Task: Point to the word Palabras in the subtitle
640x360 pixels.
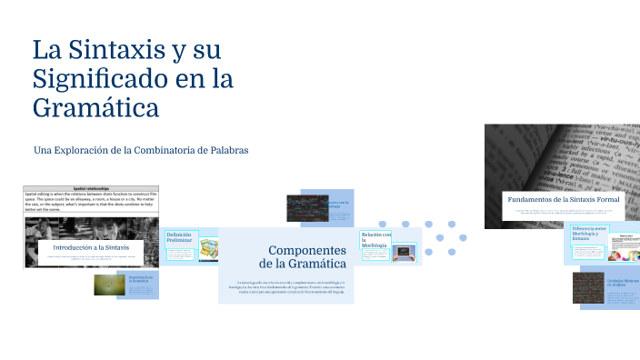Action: pos(225,149)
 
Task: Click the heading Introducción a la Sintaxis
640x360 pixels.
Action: pos(91,247)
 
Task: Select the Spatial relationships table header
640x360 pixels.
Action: pos(91,187)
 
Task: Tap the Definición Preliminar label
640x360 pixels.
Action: pos(179,237)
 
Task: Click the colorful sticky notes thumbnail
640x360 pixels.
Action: pos(209,249)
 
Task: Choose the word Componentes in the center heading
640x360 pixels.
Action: pos(307,249)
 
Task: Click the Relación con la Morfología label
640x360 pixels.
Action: pos(375,240)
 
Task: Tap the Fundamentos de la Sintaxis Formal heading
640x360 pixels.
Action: pos(563,198)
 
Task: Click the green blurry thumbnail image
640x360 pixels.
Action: pos(110,285)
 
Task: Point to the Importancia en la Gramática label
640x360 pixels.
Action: pos(142,279)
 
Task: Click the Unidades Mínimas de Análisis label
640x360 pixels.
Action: pos(624,284)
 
